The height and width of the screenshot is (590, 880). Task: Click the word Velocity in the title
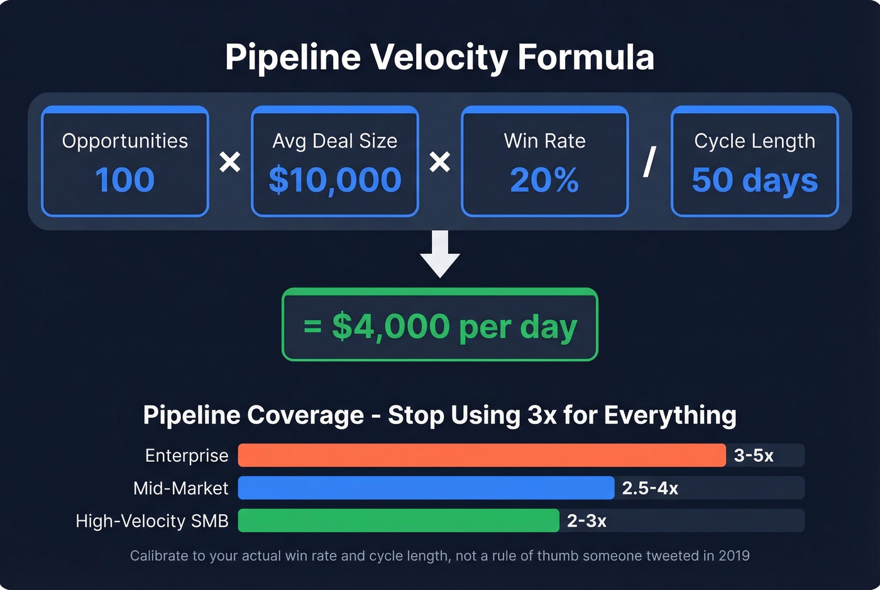tap(438, 58)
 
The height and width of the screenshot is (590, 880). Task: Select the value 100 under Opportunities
tap(124, 180)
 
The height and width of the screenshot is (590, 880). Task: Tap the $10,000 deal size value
tap(334, 180)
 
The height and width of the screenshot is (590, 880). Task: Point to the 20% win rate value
tap(544, 180)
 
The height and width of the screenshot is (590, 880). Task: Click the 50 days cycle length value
tap(754, 180)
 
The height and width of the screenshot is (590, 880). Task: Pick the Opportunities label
tap(124, 141)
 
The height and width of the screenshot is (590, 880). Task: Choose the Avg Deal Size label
tap(334, 141)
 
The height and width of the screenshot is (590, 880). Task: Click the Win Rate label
tap(544, 141)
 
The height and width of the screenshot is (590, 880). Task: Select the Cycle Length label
tap(754, 141)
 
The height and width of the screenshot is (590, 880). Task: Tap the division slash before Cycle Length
tap(650, 162)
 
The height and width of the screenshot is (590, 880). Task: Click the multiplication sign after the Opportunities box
tap(230, 162)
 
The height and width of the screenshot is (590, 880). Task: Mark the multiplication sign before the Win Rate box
tap(440, 162)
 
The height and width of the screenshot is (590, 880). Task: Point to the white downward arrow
tap(440, 253)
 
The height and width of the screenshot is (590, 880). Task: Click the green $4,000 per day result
tap(440, 327)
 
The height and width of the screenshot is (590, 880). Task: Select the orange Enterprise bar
tap(481, 456)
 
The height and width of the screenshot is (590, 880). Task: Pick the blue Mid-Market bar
tap(426, 488)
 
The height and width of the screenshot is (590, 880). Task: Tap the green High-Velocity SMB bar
tap(398, 521)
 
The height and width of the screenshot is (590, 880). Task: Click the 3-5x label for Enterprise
tap(754, 456)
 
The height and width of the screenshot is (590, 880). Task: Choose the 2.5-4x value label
tap(650, 488)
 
